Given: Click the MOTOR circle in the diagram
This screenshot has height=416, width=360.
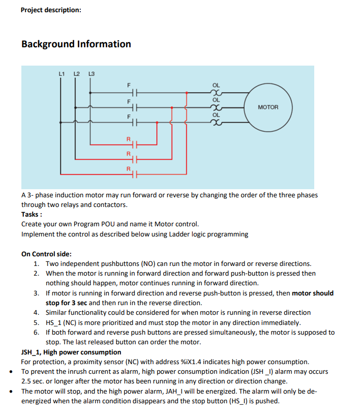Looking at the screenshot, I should pos(268,107).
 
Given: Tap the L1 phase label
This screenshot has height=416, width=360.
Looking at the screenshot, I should pos(62,74).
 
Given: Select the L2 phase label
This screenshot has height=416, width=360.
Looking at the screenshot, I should pos(76,74).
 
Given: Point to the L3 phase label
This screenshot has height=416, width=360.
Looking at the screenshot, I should pos(92,74).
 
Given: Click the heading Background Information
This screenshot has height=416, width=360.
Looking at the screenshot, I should pos(76,44).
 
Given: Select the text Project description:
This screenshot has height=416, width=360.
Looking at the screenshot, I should pos(51,10).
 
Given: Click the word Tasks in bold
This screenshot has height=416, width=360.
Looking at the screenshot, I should pos(31,215).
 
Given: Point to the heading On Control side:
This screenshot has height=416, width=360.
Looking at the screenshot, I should pos(46,254).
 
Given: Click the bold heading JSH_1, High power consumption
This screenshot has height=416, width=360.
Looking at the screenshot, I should pos(71,352).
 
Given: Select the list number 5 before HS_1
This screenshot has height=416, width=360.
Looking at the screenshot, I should pos(37,322).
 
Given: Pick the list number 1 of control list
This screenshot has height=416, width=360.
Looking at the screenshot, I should pos(37,263).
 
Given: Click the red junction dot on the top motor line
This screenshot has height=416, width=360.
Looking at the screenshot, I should pos(187,93).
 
